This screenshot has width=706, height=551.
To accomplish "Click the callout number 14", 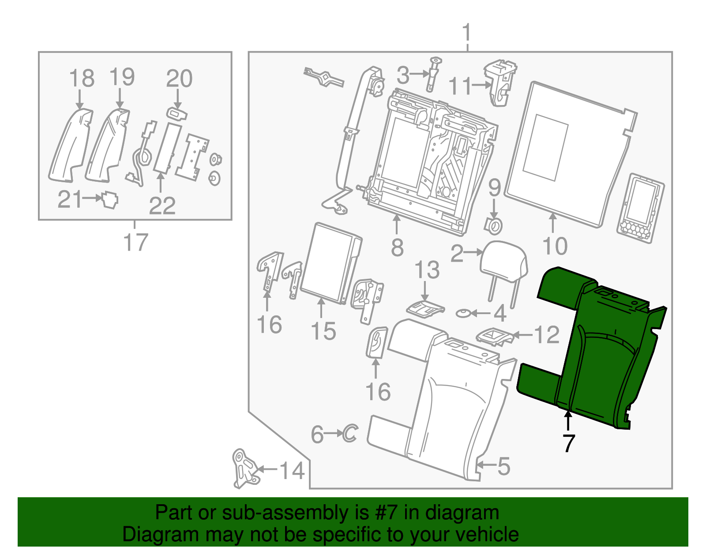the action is [x=292, y=471].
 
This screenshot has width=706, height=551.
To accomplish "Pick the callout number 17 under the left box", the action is [x=136, y=242].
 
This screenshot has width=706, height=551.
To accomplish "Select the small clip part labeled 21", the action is [x=110, y=201].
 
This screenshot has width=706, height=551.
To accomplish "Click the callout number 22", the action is [x=162, y=206].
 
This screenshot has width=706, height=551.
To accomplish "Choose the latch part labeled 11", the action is [x=500, y=83].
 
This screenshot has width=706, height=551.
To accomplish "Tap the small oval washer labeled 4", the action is [x=463, y=314].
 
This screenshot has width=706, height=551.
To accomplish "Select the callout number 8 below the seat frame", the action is [x=397, y=248].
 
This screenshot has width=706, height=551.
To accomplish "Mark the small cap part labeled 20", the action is [x=177, y=114].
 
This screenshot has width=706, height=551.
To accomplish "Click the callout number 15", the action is [x=323, y=331].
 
